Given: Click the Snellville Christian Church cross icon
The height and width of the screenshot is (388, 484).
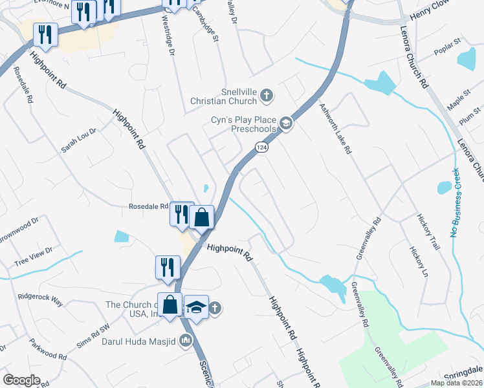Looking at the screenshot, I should click(265, 96).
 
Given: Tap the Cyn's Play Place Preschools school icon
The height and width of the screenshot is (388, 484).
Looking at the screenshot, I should click(285, 123).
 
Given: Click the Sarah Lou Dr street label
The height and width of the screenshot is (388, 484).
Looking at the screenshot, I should click(78, 140).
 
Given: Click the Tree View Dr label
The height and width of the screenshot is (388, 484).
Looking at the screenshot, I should click(32, 256).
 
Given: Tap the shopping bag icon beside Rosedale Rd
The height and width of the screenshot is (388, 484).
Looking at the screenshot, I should click(202, 217).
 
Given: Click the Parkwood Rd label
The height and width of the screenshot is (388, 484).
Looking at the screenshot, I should click(49, 350).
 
